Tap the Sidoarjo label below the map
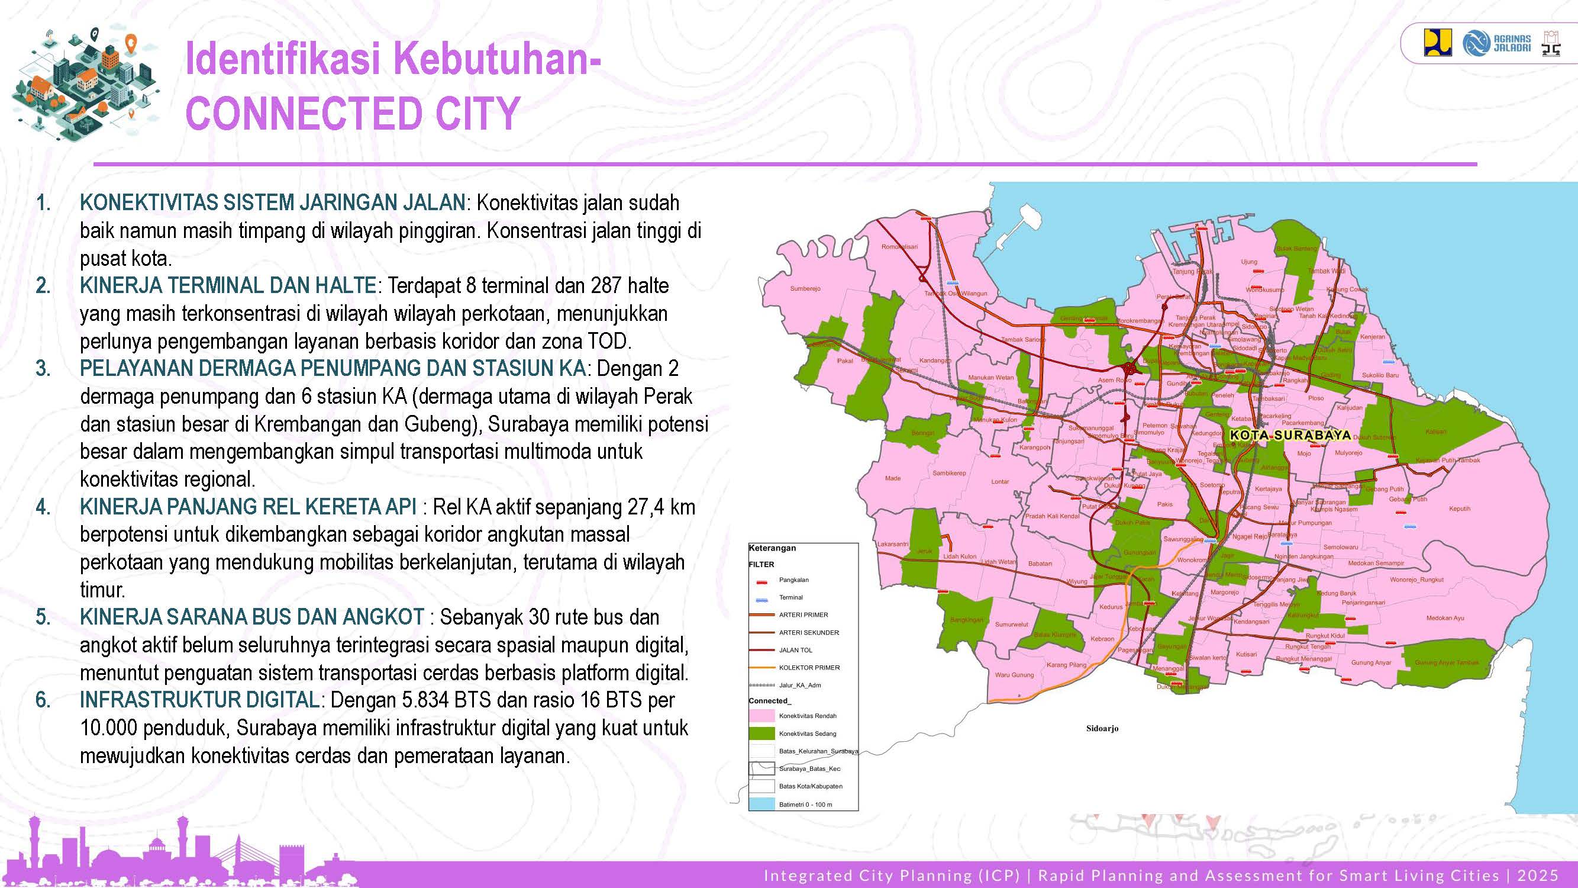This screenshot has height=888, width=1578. (1102, 729)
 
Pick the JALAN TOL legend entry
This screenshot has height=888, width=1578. (795, 649)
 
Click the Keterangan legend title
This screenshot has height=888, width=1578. (772, 548)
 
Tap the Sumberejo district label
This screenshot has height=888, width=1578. (805, 288)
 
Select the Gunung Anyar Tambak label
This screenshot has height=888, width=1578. (1446, 662)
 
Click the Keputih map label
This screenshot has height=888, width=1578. (1460, 509)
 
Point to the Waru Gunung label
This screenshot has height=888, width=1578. (1014, 675)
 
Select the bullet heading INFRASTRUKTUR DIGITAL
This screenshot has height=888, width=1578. (199, 700)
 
